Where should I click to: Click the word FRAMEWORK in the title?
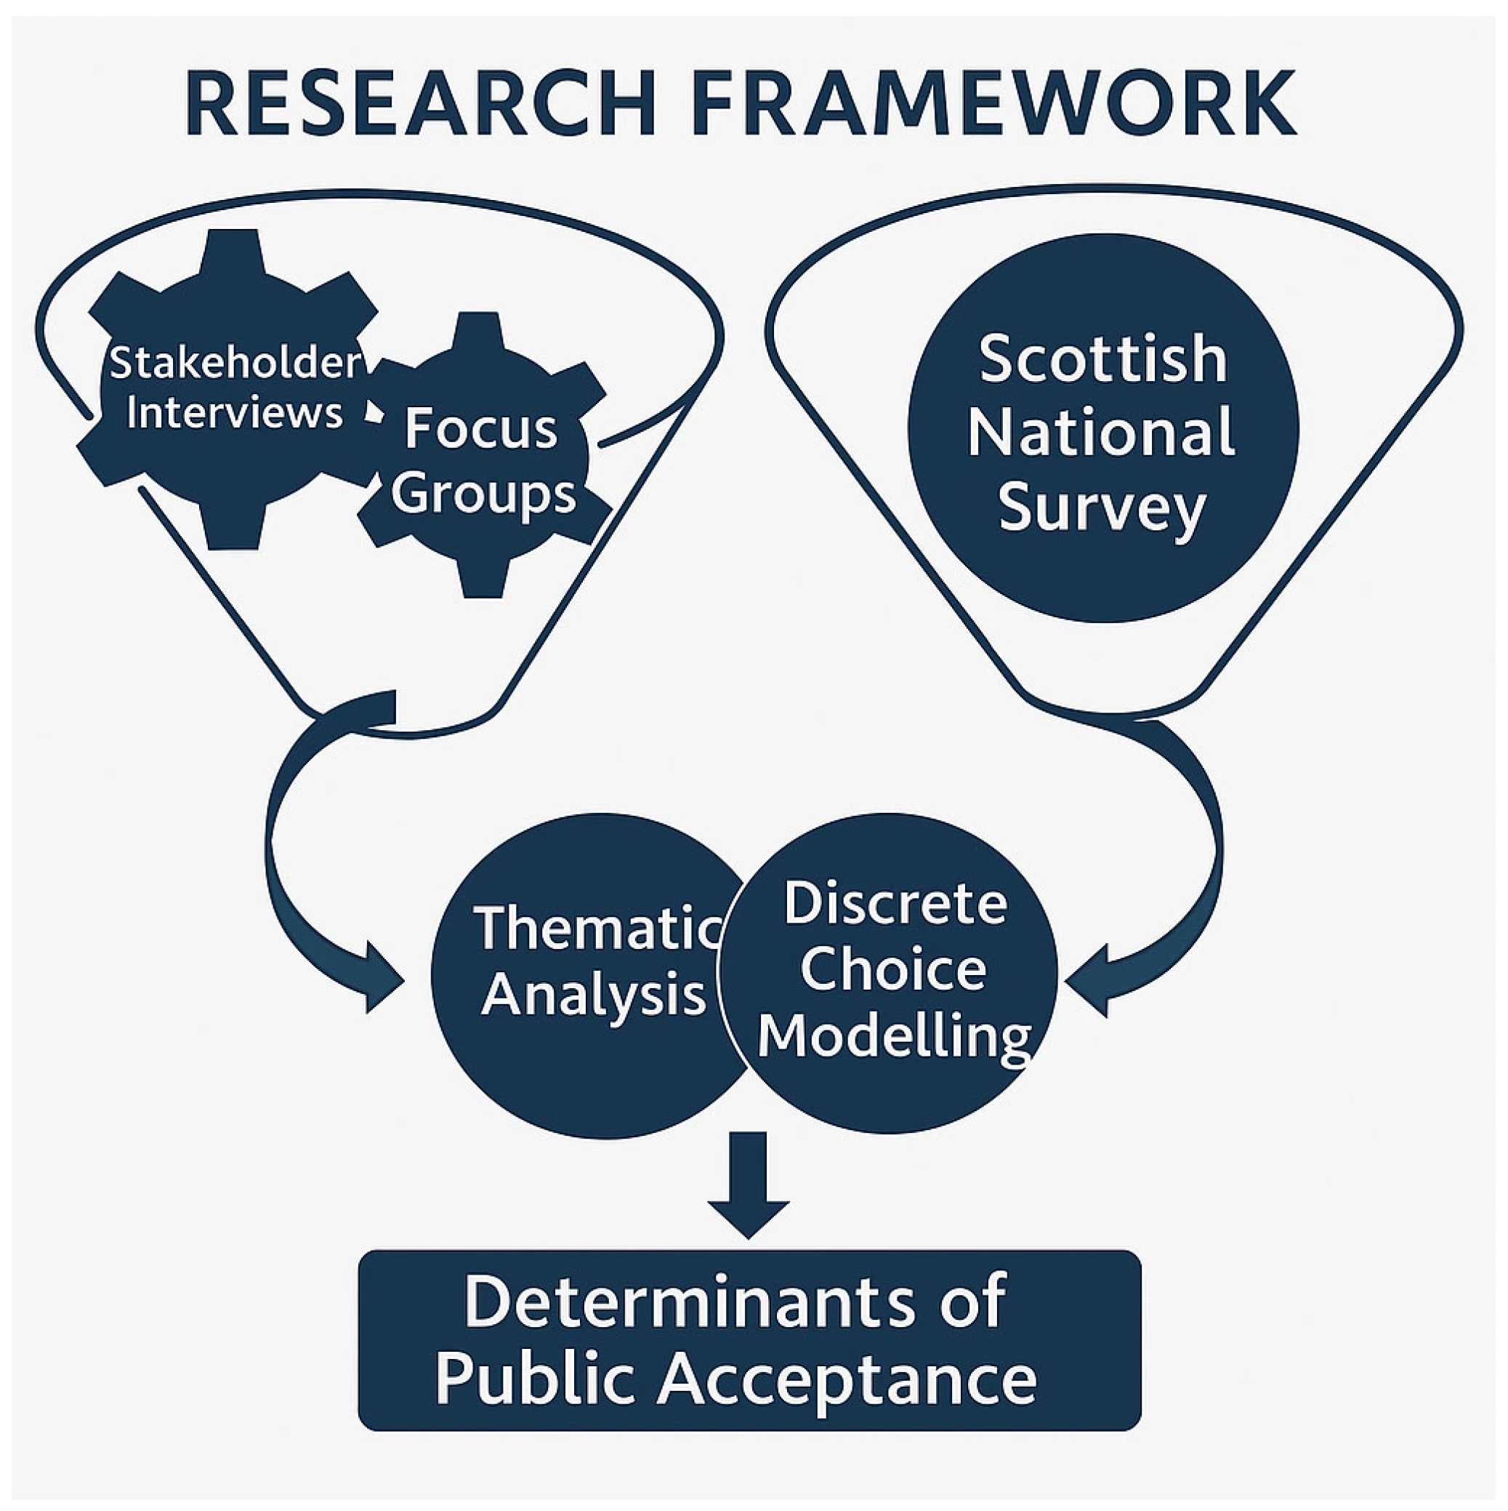coord(993,104)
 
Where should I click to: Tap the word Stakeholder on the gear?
coord(235,363)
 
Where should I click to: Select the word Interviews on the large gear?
coord(235,412)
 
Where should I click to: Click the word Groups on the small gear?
coord(484,494)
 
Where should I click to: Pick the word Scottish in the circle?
coord(1103,359)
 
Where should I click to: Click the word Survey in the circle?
coord(1102,508)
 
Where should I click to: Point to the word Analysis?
coord(594,995)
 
